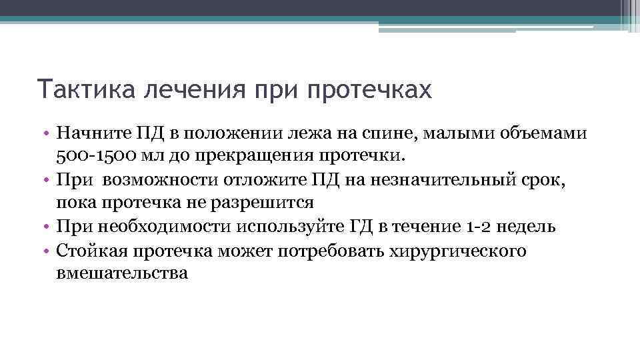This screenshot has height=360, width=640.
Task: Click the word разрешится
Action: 267,203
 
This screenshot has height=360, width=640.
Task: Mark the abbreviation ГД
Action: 359,226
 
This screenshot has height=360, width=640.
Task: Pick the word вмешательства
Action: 122,273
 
